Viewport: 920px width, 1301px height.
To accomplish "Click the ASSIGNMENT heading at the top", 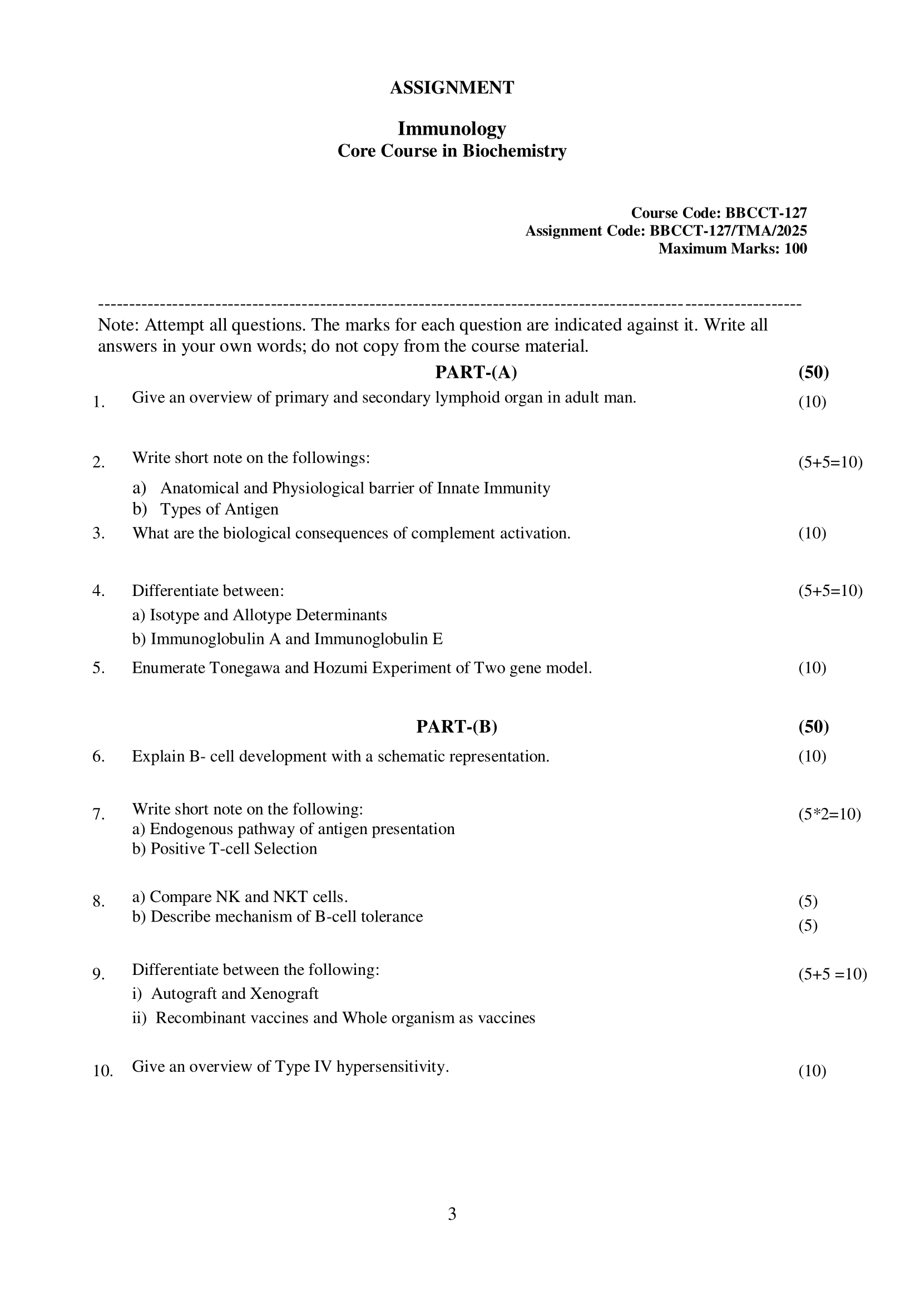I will tap(452, 88).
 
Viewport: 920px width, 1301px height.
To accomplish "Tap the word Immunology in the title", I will tap(452, 129).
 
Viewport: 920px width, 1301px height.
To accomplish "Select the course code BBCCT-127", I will tap(766, 213).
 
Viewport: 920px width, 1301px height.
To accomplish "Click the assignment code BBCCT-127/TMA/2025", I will tap(728, 230).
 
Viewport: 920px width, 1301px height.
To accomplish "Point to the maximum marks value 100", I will tap(795, 248).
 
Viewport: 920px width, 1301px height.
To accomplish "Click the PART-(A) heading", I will tap(476, 372).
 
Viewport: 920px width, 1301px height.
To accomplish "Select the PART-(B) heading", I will tap(457, 726).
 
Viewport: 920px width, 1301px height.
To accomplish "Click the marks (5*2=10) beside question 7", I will tap(829, 814).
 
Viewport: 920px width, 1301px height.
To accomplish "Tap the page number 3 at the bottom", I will tap(452, 1214).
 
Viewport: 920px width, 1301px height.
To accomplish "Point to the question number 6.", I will tap(98, 756).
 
